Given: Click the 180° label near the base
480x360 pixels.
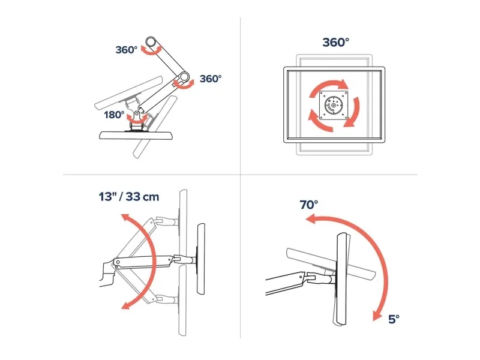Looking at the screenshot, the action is click(x=114, y=115).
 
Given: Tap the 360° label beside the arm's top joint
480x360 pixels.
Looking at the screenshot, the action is click(x=127, y=50).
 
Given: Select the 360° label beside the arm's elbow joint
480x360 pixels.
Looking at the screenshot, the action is click(x=211, y=79).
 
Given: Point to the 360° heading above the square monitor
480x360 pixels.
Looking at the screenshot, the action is click(x=336, y=42).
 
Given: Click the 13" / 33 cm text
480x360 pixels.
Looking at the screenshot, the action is click(x=129, y=197).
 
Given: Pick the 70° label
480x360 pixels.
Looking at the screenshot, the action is click(x=309, y=205).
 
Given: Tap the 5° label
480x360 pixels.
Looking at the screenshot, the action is click(x=394, y=319).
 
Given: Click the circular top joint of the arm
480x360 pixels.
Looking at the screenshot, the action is click(x=151, y=41).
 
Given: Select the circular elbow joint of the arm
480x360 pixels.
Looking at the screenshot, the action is click(x=184, y=77).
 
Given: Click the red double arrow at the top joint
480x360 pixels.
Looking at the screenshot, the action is click(x=151, y=50).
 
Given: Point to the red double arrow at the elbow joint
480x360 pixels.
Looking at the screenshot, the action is click(x=183, y=84).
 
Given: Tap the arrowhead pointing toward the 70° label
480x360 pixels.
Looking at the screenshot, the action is click(x=310, y=219).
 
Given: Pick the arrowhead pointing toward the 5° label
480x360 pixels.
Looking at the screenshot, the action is click(x=377, y=316).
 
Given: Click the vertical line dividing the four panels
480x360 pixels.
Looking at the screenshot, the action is click(x=241, y=178).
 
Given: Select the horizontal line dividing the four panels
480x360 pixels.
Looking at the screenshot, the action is click(x=241, y=175).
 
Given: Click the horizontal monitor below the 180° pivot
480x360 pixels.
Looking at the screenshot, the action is click(x=137, y=136).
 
